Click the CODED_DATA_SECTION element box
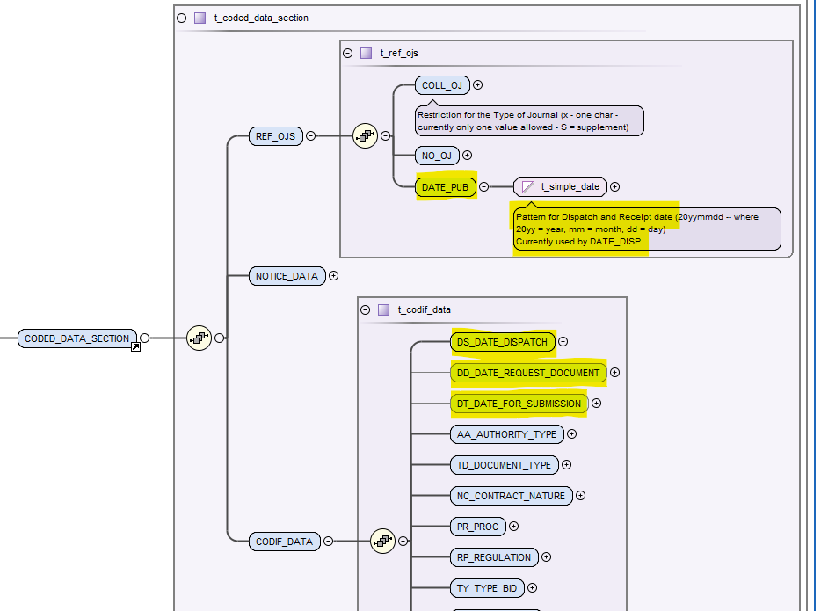77,338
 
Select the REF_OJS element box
276,136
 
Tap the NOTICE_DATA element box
287,276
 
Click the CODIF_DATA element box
284,542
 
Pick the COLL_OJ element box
442,85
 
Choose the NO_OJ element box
436,156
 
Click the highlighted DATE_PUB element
446,186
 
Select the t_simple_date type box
561,186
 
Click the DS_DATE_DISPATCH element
502,342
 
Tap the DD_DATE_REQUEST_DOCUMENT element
528,373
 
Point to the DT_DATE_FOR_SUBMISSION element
519,404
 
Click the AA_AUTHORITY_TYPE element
506,434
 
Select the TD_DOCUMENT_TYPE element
504,465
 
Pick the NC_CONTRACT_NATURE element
511,496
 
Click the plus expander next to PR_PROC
514,527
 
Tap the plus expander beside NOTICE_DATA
334,276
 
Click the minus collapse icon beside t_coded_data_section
182,17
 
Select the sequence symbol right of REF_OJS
365,136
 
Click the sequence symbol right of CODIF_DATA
382,542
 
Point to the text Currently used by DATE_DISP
578,241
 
